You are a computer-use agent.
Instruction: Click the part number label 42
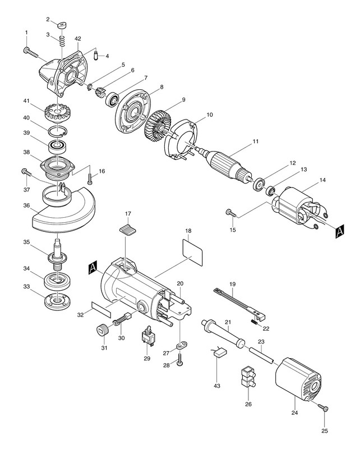coord(77,39)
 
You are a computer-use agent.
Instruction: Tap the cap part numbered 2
coord(61,25)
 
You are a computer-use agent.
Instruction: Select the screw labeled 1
coord(31,52)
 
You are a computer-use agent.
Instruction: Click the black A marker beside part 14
coord(340,231)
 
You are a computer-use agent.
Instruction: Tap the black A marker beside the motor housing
coord(93,268)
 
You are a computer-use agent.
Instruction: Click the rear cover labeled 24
coord(298,379)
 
